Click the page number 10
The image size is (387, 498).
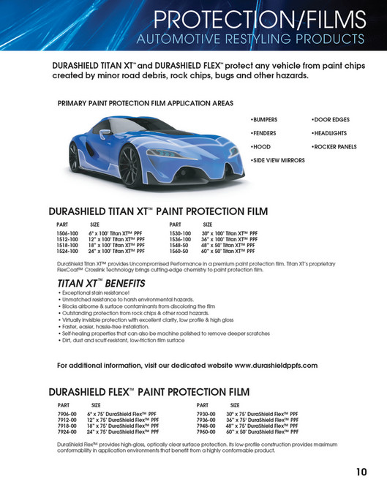coord(362,472)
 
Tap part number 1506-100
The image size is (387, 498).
coord(67,233)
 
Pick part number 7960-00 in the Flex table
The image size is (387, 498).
coord(208,432)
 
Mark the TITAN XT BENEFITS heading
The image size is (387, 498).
coord(101,282)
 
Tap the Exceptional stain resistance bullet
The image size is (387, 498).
coord(94,292)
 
